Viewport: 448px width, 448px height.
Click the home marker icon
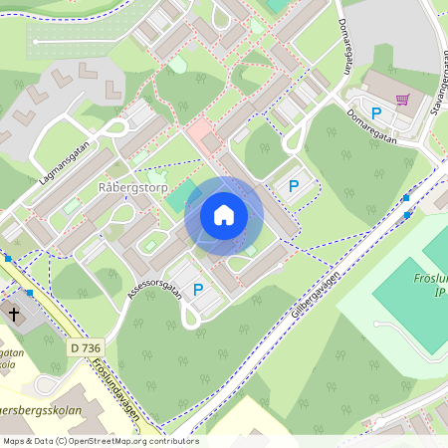coord(224,215)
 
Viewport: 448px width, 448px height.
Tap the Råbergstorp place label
coord(133,186)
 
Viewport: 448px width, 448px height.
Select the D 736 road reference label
coord(87,347)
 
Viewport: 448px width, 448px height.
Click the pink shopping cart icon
coord(402,100)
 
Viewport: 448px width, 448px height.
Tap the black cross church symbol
coord(15,314)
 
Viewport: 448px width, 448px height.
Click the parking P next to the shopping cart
coord(376,113)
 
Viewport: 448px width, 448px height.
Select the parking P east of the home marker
coord(293,185)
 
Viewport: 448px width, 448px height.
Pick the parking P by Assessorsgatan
coord(198,290)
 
